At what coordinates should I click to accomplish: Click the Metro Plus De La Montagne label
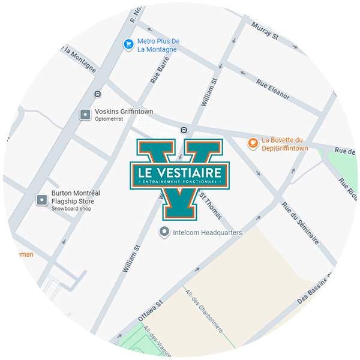click(158, 46)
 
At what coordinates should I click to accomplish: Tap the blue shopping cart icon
click(128, 44)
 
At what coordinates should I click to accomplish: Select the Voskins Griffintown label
click(124, 112)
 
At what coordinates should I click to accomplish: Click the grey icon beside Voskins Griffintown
click(85, 114)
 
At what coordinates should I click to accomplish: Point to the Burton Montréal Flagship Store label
click(76, 197)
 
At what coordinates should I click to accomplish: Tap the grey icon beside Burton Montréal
click(41, 200)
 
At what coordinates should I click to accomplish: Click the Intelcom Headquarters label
click(207, 232)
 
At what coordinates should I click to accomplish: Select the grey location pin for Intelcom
click(163, 232)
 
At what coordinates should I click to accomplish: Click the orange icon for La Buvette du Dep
click(253, 143)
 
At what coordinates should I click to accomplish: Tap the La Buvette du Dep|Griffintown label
click(285, 144)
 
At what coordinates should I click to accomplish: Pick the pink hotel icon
click(340, 91)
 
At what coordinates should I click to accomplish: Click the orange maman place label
click(22, 254)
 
